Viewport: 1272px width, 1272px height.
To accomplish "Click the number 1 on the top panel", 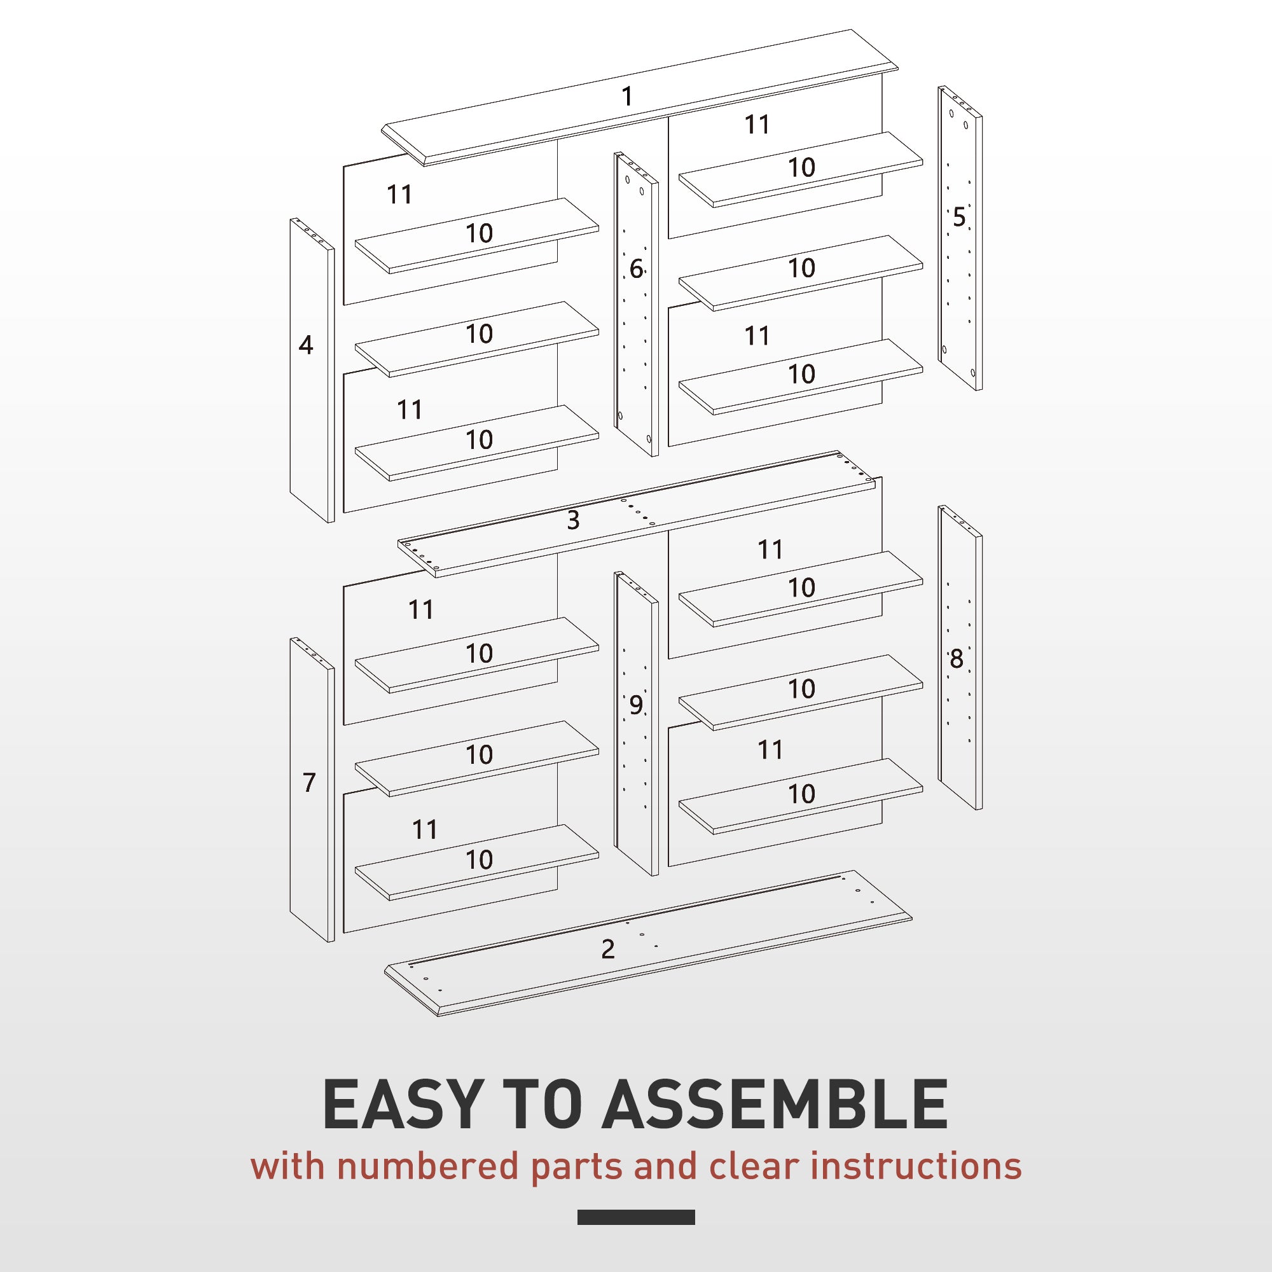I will [627, 97].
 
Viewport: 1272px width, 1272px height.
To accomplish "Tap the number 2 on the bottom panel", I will [607, 949].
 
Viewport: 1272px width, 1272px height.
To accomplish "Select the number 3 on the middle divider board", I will [573, 520].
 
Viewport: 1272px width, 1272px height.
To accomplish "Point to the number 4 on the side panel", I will [305, 345].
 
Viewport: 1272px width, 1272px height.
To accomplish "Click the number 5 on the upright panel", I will [958, 218].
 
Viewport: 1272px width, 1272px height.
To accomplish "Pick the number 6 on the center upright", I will [635, 268].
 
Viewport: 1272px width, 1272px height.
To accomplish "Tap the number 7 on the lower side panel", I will [309, 782].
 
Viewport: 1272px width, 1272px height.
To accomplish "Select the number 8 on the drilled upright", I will [956, 658].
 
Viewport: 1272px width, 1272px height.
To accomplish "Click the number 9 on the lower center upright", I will [635, 705].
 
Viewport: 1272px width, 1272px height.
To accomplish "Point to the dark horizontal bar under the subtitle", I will [635, 1217].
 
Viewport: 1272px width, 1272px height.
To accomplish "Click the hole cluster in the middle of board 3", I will [637, 512].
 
